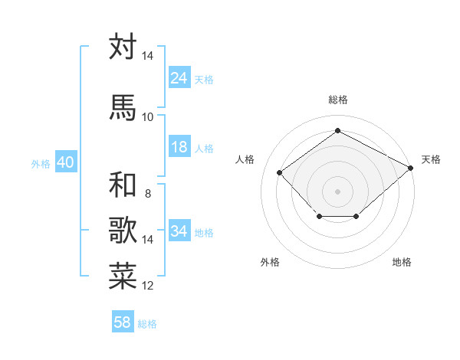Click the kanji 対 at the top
click(x=123, y=47)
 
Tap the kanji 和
click(x=123, y=185)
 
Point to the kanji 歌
click(x=123, y=231)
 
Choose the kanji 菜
click(x=123, y=277)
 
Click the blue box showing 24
click(x=179, y=78)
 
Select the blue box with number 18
click(x=179, y=147)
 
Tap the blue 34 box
click(x=179, y=231)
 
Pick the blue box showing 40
click(x=65, y=163)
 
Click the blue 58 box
click(x=123, y=322)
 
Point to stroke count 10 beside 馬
click(x=148, y=116)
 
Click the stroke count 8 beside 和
click(x=147, y=194)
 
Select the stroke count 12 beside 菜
click(x=148, y=286)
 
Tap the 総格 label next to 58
click(x=147, y=324)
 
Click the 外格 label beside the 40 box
click(x=40, y=164)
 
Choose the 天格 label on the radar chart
click(x=431, y=159)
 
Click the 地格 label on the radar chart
click(x=402, y=262)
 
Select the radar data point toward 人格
click(x=280, y=172)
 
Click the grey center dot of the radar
click(x=337, y=191)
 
